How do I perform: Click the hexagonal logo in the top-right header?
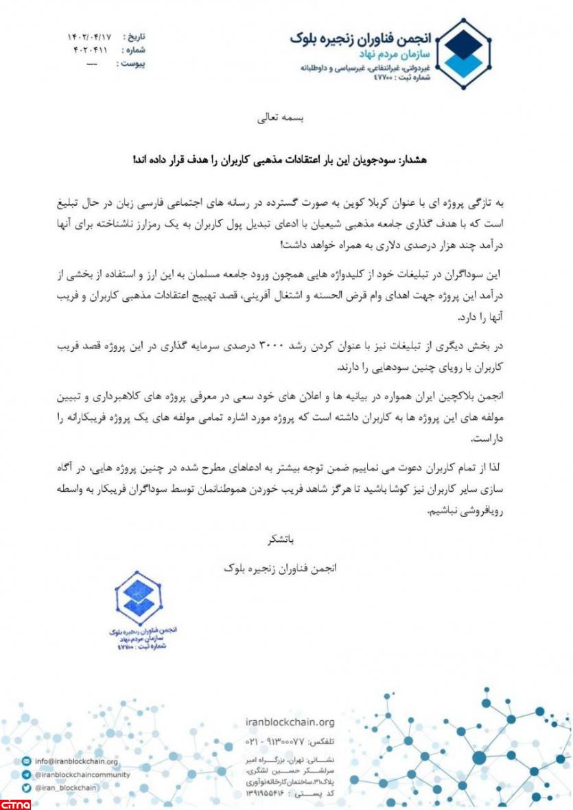465,53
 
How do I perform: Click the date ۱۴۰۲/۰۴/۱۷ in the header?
86,36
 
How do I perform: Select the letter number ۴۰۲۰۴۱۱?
88,50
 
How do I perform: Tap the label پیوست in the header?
132,64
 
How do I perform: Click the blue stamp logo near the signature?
139,597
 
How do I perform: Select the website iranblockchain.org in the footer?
290,722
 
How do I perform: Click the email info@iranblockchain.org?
68,761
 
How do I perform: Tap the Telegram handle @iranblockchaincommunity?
82,774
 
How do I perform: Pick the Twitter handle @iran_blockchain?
67,788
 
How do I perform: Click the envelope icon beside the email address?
26,761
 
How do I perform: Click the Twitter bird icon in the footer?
26,788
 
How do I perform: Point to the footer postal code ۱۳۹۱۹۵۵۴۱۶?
264,793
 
